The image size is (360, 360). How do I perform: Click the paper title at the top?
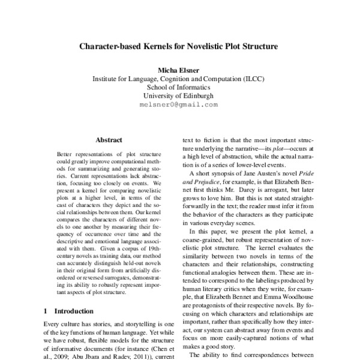180,46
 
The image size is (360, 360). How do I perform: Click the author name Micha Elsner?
180,70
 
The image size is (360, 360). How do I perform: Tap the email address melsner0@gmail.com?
180,104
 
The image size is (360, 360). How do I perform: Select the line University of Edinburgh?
180,95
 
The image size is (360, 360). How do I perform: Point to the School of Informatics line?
180,87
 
